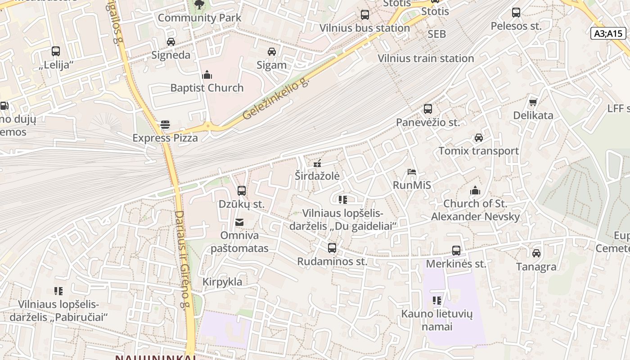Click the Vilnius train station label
[426, 58]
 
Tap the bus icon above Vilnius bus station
[364, 15]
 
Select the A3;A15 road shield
[608, 33]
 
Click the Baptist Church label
[207, 88]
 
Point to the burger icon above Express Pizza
[165, 125]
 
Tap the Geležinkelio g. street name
[276, 99]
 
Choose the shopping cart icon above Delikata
[533, 102]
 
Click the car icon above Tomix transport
[479, 138]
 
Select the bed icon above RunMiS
[412, 172]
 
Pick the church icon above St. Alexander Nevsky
[475, 190]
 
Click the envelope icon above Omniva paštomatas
[239, 222]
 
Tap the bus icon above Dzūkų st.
[242, 191]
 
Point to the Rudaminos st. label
[332, 261]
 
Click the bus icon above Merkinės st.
[456, 251]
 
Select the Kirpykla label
[222, 282]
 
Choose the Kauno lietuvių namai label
[437, 320]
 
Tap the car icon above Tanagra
[536, 253]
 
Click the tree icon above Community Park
[199, 5]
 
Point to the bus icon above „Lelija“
[56, 51]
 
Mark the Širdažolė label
[317, 175]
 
